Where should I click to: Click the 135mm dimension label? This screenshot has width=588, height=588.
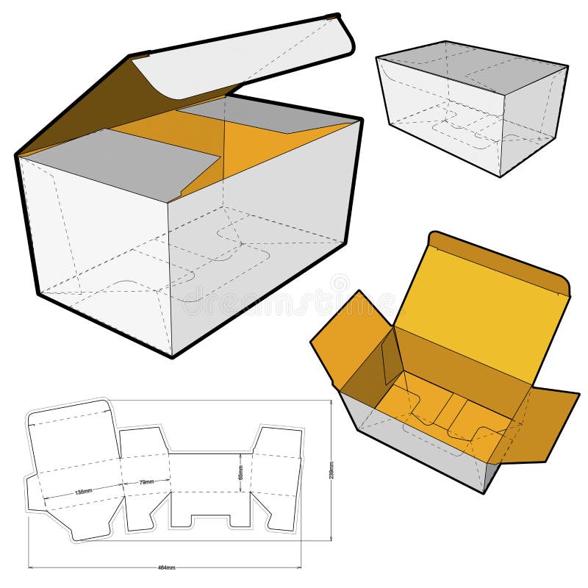83,491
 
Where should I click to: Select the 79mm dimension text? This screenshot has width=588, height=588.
147,482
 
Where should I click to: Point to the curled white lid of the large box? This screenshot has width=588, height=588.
243,55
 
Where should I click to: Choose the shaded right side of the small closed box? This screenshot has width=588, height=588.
533,118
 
